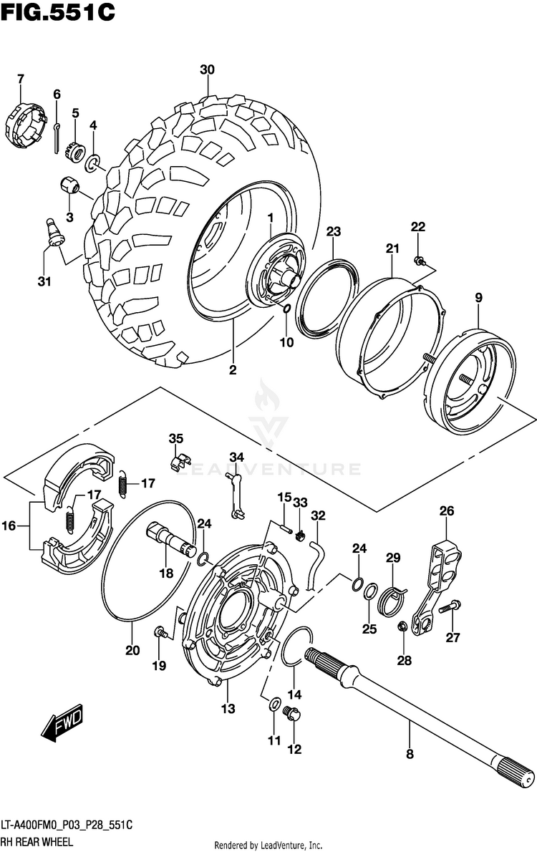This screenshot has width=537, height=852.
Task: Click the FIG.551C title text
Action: click(58, 11)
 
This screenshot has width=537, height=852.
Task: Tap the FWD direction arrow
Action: click(62, 722)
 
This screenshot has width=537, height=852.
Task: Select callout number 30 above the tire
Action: click(207, 69)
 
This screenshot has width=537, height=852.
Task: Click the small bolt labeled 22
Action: click(419, 261)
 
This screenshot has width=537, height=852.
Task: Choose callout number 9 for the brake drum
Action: click(478, 297)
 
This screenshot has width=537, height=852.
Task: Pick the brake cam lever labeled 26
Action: click(436, 587)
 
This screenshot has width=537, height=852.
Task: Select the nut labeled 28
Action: click(402, 626)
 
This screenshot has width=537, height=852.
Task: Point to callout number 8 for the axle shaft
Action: click(410, 754)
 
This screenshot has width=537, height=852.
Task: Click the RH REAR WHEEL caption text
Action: click(37, 842)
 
